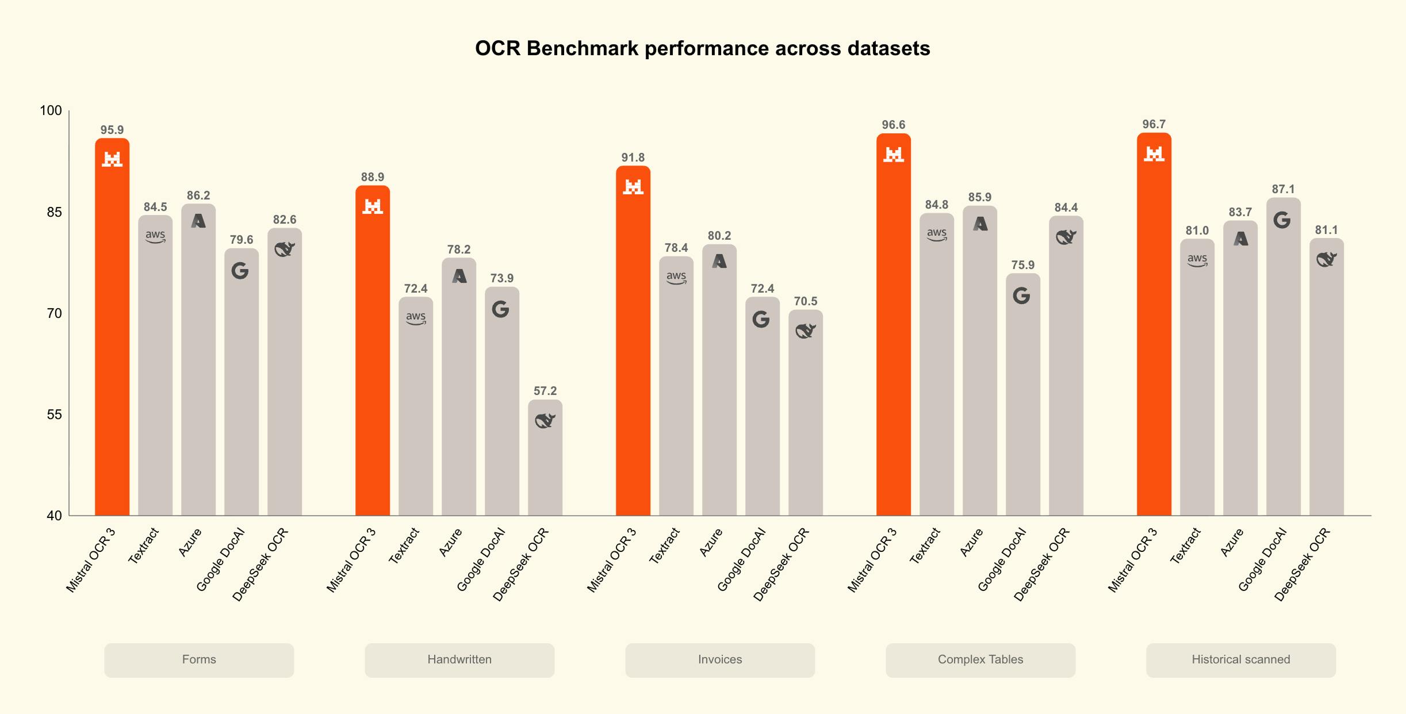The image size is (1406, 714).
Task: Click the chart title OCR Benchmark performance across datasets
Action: tap(702, 48)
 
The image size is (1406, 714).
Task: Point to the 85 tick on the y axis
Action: tap(54, 212)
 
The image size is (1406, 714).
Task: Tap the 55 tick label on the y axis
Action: tap(54, 414)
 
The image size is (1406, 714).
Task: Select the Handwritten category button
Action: tap(459, 660)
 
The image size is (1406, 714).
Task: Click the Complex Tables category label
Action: tap(980, 659)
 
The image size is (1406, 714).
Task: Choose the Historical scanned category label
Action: tap(1241, 659)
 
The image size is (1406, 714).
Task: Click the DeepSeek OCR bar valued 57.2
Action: tap(545, 458)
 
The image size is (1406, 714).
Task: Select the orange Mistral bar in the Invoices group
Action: tap(633, 340)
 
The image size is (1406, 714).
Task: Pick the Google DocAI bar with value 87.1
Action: tap(1284, 356)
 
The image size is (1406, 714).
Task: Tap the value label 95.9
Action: tap(112, 130)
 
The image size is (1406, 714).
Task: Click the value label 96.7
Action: tap(1154, 124)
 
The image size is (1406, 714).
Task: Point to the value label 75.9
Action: tap(1023, 265)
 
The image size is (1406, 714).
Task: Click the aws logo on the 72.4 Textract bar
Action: tap(416, 318)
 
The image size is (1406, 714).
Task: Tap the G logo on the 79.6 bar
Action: tap(240, 271)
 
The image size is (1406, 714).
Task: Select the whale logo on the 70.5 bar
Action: tap(806, 331)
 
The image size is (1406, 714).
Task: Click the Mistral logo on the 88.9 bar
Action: tap(373, 206)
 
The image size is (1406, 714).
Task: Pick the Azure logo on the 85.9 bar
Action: tap(980, 224)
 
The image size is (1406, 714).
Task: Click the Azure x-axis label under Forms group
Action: tap(190, 542)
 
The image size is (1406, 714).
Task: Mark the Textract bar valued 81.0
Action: tap(1197, 377)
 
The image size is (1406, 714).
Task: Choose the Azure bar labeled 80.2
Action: tap(719, 380)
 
